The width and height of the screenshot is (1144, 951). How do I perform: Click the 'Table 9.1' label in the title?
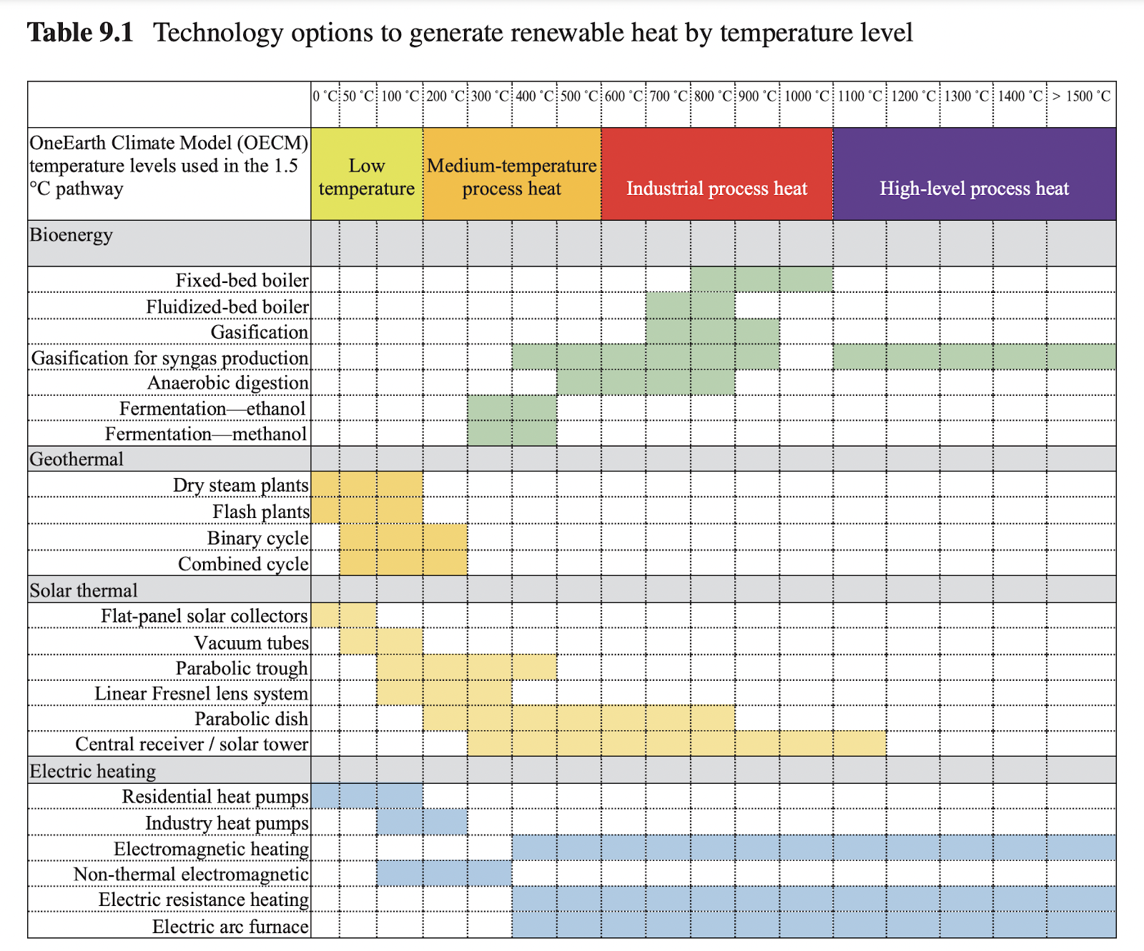pos(80,33)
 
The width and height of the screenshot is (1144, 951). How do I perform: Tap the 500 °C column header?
pos(578,96)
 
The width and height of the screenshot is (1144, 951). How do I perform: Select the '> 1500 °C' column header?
pos(1081,96)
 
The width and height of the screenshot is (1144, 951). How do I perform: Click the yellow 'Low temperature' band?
pos(367,176)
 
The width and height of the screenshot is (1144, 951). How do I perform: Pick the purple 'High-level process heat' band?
pos(974,188)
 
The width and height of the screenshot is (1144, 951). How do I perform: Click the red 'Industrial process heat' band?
pos(716,188)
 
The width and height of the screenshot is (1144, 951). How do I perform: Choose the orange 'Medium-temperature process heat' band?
pos(512,176)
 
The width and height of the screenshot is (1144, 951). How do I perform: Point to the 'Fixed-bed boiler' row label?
pos(242,280)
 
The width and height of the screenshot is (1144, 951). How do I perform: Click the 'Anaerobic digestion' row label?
pos(227,383)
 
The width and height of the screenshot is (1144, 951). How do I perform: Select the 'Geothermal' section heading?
pos(77,459)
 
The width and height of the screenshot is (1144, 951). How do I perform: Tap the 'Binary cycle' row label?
pos(257,538)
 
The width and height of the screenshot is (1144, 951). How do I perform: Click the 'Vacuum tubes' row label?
pos(251,642)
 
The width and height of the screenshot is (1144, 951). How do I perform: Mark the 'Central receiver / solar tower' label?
pos(192,745)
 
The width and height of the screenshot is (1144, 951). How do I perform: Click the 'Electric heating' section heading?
pos(92,771)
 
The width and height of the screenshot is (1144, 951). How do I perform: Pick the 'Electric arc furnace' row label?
pos(230,927)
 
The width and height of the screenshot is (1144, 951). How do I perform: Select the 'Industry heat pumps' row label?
pos(227,823)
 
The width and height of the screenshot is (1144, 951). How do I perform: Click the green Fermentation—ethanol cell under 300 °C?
pos(490,408)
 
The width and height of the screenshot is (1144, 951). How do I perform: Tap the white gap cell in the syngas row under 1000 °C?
pos(806,357)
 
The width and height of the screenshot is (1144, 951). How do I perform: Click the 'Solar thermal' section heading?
pos(84,590)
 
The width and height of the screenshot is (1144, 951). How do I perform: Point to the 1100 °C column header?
pos(859,96)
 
